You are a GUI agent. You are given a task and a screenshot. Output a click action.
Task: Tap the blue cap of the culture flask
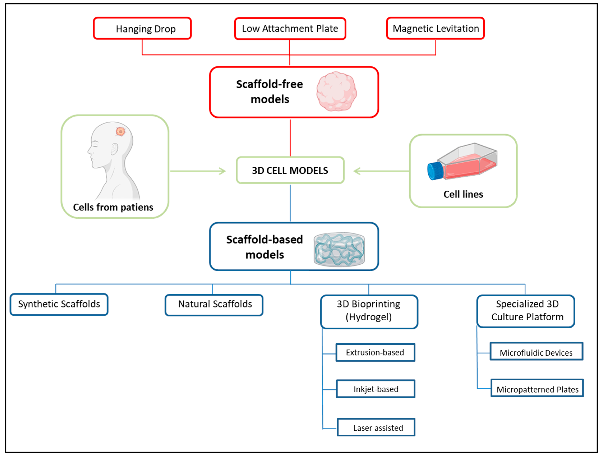[x=435, y=171]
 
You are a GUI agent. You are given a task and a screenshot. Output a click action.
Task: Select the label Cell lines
[x=463, y=194]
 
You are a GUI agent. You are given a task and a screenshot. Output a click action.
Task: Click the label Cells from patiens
[x=113, y=207]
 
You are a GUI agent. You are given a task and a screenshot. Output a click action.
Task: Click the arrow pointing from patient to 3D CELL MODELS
[x=198, y=171]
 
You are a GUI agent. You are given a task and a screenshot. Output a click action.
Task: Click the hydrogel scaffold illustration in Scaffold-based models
[x=339, y=249]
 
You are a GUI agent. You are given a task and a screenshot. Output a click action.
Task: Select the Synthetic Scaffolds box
[x=59, y=304]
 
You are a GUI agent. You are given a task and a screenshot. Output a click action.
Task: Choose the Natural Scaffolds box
[x=214, y=305]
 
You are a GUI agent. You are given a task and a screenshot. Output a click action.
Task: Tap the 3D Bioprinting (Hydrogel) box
[x=369, y=312]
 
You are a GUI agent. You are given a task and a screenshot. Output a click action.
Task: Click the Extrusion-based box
[x=375, y=353]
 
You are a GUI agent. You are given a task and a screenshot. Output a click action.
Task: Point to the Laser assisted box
[x=376, y=427]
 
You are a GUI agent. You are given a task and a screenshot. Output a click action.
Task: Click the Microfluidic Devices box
[x=536, y=351]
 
